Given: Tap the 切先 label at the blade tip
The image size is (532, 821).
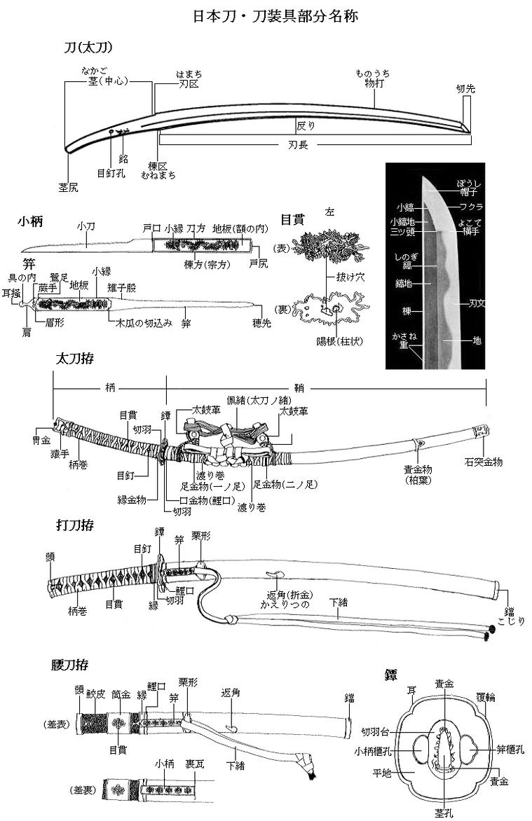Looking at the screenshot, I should click(465, 89).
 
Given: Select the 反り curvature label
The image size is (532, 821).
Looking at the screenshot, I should click(306, 126).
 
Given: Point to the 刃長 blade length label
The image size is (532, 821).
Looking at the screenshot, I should click(299, 145).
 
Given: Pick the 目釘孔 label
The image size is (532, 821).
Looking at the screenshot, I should click(111, 171).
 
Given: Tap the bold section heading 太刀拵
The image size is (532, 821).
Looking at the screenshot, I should click(75, 358).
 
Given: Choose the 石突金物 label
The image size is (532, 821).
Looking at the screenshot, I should click(484, 462).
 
